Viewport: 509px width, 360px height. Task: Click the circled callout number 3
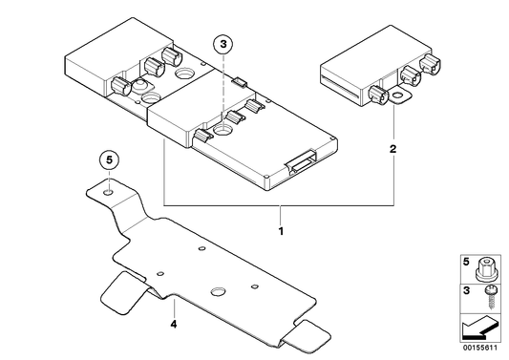(x=223, y=45)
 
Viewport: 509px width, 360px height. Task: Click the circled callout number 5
(x=109, y=160)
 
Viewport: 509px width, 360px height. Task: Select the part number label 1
(x=281, y=231)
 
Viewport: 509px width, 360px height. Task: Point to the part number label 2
(x=393, y=149)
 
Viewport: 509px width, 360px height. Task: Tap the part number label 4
(x=174, y=324)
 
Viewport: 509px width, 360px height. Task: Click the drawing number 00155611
(x=480, y=348)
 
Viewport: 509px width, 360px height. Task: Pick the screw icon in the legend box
(x=489, y=297)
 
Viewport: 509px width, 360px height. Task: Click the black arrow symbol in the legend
(x=479, y=328)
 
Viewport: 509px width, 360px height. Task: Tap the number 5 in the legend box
(x=466, y=262)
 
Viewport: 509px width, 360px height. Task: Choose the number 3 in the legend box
(x=466, y=290)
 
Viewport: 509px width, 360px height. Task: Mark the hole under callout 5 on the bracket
(x=108, y=193)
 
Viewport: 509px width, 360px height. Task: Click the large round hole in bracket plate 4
(x=219, y=291)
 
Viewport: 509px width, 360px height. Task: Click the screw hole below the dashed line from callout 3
(x=223, y=130)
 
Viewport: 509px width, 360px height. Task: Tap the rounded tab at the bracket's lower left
(x=121, y=293)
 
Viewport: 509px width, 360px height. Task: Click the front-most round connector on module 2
(x=378, y=95)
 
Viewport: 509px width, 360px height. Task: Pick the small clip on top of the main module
(x=241, y=81)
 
